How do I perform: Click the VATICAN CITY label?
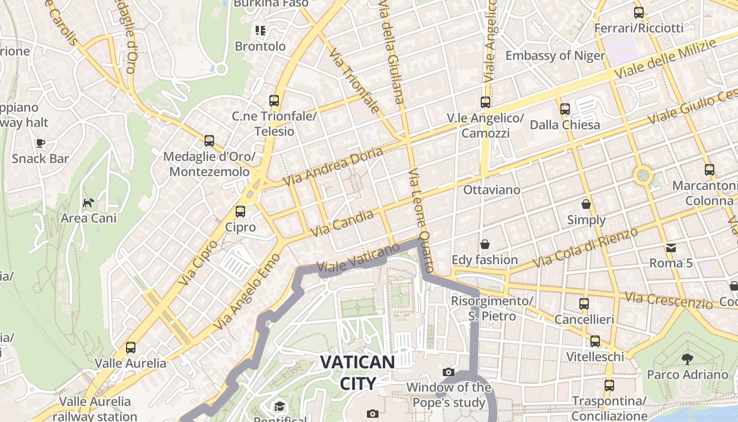[357, 372]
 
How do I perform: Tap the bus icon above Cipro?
[240, 212]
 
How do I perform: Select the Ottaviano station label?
[491, 189]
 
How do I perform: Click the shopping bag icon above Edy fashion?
[484, 244]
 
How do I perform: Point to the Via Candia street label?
[343, 223]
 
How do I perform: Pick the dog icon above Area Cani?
[88, 203]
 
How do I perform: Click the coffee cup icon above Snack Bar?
[40, 143]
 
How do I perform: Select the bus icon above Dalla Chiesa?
[565, 109]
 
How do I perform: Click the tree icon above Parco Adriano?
[687, 359]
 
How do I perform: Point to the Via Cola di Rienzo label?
[585, 247]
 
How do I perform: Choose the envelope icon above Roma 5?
[671, 247]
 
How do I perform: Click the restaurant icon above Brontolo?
[260, 31]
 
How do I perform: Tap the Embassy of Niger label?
[555, 55]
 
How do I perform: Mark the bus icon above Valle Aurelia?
[130, 348]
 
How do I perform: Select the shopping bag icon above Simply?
[586, 204]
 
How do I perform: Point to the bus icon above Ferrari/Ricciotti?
[638, 13]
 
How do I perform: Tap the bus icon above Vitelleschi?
[595, 341]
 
